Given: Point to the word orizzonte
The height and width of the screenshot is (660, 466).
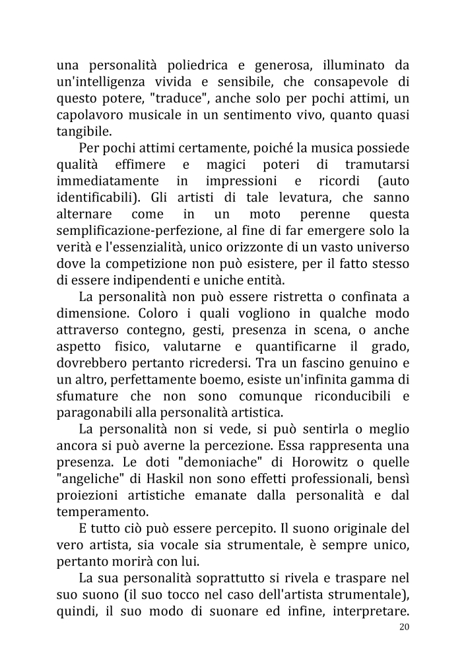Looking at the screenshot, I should [251, 246].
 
